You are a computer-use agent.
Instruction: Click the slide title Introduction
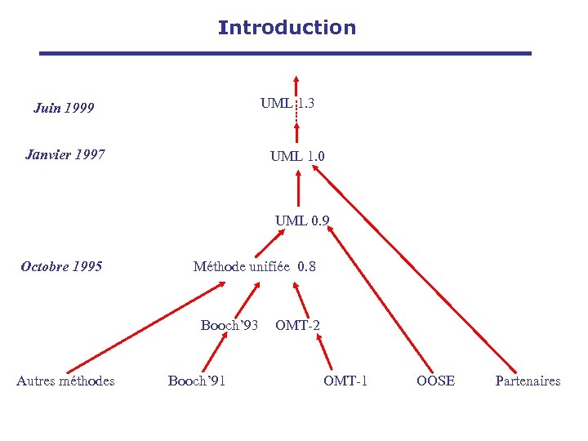287,28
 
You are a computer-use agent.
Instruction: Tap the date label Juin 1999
64,108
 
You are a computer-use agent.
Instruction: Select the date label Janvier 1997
65,154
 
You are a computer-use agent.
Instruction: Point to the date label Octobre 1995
61,266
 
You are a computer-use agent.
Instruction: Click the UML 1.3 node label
287,104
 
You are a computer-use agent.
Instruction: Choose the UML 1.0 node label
298,156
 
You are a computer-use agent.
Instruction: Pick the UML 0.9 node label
302,220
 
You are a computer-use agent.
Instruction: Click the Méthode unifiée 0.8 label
254,266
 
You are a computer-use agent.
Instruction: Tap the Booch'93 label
229,325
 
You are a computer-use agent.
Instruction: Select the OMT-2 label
297,325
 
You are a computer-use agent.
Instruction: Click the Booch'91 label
197,381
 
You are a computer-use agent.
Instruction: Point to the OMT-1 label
345,381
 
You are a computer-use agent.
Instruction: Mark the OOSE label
435,381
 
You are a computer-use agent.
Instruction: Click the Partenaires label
528,381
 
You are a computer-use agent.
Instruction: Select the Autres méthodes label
65,381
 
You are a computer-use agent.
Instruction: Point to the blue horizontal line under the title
286,54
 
